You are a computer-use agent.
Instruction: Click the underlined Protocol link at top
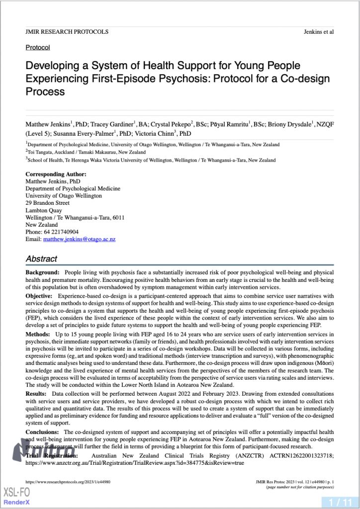click(38, 48)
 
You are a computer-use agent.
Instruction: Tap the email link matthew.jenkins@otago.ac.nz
click(79, 239)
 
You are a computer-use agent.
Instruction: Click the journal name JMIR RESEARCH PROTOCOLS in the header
click(67, 32)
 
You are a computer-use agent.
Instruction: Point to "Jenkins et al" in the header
click(318, 32)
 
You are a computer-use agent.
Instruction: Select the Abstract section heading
click(41, 259)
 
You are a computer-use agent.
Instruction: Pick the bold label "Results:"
click(37, 392)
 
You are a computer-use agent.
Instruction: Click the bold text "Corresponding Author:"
click(56, 174)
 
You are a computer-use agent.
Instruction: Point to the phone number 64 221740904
click(60, 232)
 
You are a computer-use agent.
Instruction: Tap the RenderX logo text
click(17, 502)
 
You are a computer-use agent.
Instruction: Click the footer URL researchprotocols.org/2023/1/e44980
click(68, 482)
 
